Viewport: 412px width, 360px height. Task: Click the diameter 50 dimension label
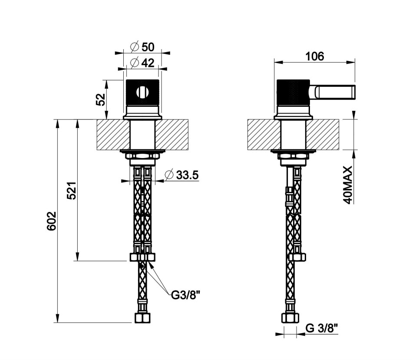142,47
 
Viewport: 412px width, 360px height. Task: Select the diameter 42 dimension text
142,63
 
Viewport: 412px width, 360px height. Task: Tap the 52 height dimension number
100,99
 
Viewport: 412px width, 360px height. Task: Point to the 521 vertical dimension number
71,191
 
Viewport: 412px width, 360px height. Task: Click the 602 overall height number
52,221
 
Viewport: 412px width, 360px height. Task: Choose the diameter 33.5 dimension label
181,175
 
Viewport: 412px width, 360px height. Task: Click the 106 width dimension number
314,56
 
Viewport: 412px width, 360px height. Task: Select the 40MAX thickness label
348,185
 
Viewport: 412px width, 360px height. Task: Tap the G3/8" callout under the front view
186,295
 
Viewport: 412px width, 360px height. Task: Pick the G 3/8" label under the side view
322,328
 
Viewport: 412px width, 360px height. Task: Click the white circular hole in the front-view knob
142,92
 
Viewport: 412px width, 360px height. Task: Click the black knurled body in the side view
293,92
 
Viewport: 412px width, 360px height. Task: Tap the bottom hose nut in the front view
142,318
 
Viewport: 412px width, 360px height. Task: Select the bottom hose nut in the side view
290,318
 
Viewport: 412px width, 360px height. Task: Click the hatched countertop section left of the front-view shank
113,135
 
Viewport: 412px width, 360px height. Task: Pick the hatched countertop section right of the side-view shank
322,135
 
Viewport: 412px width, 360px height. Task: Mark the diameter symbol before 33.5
169,175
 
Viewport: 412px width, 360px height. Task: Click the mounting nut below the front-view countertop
142,156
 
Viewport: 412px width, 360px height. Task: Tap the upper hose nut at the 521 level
142,257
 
